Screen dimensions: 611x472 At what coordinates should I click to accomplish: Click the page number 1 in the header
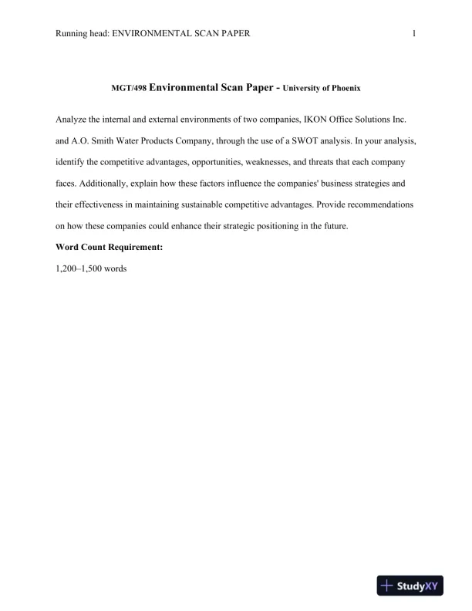click(x=414, y=34)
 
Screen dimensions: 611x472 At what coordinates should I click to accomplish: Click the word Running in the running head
click(x=72, y=34)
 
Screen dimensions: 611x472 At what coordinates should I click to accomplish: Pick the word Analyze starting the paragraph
click(x=72, y=122)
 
